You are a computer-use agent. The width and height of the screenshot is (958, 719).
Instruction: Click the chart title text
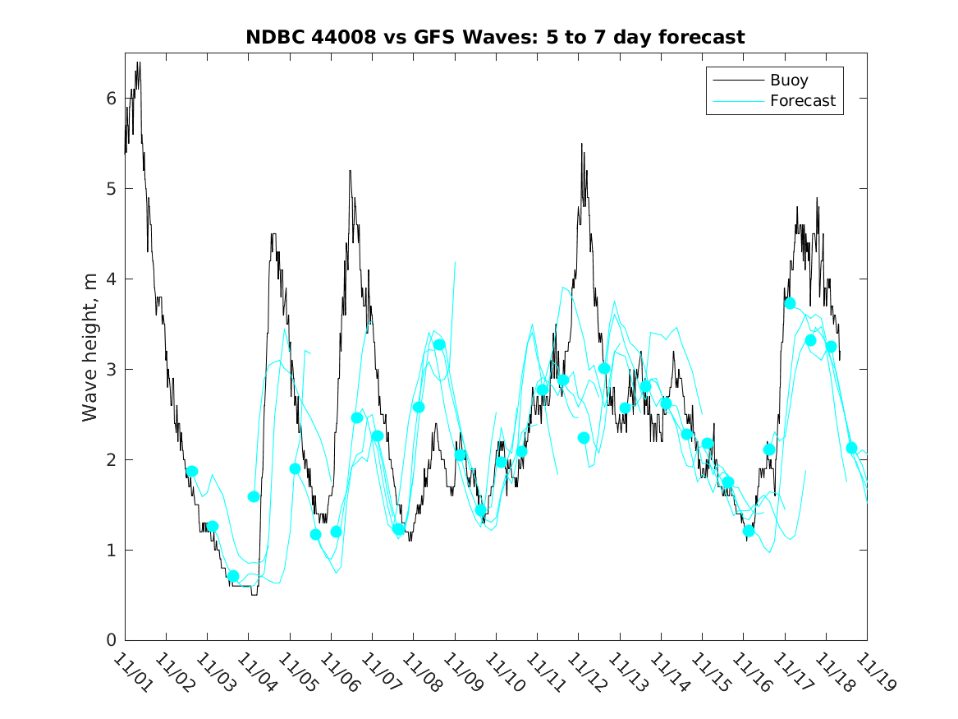495,37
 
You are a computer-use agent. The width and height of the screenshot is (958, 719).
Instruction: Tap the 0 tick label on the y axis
111,640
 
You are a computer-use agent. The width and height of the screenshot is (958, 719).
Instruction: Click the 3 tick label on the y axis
111,369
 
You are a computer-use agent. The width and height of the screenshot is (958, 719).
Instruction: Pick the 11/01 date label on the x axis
131,671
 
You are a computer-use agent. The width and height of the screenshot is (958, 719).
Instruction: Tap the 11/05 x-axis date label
296,671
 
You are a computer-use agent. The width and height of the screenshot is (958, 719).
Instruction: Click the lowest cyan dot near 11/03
233,576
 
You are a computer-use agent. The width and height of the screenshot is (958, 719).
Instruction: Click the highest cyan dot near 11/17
790,303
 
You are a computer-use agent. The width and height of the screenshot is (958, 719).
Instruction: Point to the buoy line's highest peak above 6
139,62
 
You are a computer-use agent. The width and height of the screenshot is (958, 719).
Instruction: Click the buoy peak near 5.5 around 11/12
582,144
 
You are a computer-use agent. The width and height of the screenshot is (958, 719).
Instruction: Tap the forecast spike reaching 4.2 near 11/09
455,262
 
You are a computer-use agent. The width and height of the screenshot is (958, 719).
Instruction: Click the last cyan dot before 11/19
851,448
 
